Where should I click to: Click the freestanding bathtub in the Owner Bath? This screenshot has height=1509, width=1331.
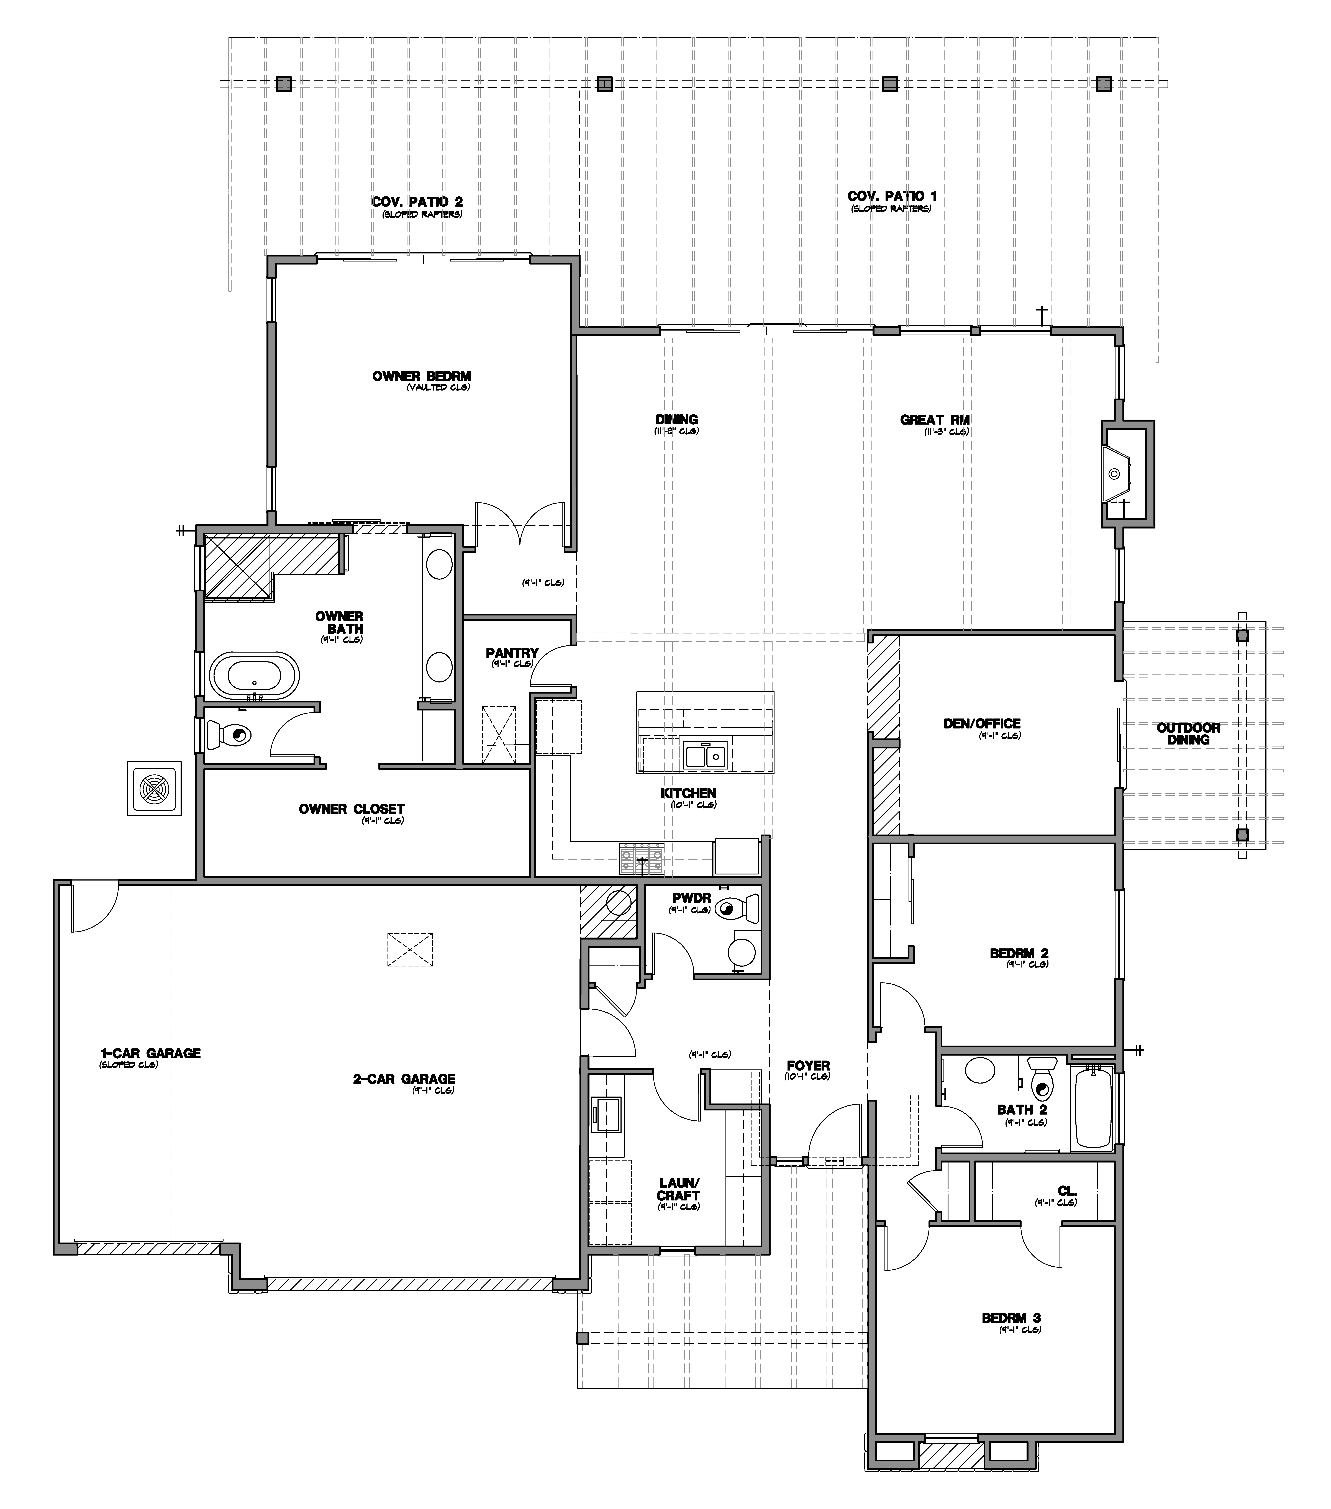(255, 676)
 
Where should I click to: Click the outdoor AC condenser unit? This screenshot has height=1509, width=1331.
(154, 789)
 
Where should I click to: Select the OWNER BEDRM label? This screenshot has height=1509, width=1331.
(422, 376)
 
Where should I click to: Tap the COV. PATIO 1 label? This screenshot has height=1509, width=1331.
(892, 196)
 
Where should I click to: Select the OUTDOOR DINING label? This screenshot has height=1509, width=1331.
(1188, 733)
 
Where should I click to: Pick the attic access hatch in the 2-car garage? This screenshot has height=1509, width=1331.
(410, 949)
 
